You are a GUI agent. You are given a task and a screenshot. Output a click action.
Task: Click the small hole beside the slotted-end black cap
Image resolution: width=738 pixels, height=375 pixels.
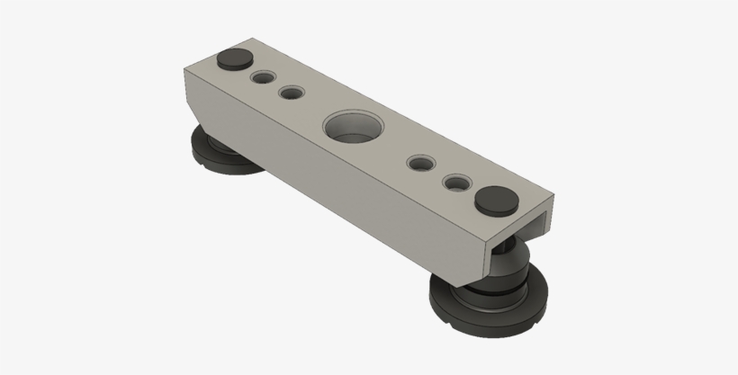(457, 183)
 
